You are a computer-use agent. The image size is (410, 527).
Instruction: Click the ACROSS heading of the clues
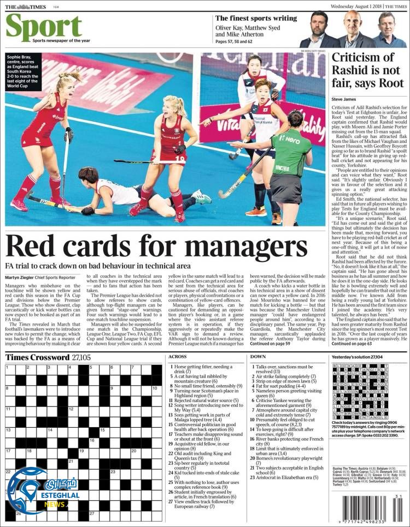[x=178, y=357]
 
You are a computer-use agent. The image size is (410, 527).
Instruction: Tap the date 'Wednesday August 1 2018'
[x=355, y=6]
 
